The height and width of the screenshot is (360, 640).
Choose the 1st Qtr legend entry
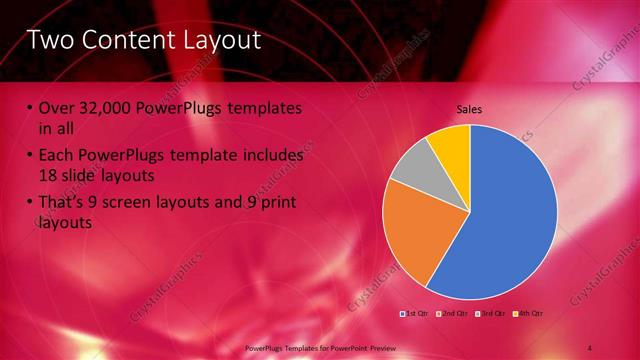416,314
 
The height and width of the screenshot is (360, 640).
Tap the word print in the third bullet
275,203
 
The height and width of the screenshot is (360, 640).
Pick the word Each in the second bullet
57,156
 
